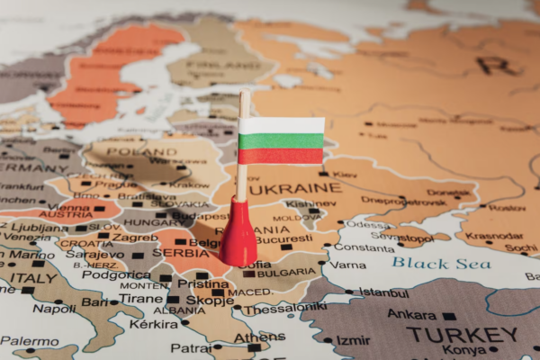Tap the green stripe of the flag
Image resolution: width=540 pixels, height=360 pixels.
click(281, 141)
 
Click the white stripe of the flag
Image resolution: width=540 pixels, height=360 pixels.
click(281, 126)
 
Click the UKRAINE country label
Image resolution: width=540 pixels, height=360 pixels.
click(294, 189)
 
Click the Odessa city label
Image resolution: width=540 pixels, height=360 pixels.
click(367, 224)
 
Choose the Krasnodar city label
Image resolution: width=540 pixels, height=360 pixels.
click(494, 236)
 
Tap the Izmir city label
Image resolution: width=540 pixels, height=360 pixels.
click(353, 340)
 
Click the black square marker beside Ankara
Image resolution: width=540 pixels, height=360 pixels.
click(448, 316)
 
